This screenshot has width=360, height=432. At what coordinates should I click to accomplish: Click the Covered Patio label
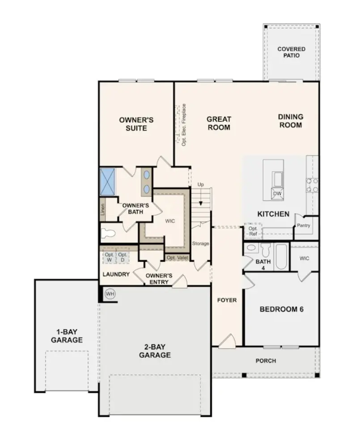click(291, 52)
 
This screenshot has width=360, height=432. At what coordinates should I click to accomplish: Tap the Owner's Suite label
click(136, 124)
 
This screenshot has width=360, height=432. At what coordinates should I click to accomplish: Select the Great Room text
click(219, 123)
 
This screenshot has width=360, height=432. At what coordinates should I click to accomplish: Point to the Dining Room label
click(290, 121)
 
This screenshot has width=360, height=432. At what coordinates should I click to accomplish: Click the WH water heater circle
click(109, 294)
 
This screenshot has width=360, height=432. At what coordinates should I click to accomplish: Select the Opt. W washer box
click(108, 257)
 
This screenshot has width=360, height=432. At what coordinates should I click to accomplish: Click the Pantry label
click(303, 226)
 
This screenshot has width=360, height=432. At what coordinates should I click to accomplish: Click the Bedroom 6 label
click(281, 309)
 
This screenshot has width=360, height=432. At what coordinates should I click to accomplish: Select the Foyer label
click(227, 300)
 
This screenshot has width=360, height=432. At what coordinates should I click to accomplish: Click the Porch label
click(266, 361)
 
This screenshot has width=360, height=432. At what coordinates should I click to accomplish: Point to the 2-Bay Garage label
click(154, 351)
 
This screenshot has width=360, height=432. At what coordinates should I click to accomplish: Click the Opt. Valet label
click(177, 258)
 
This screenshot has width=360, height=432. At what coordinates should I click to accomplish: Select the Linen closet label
click(103, 210)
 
